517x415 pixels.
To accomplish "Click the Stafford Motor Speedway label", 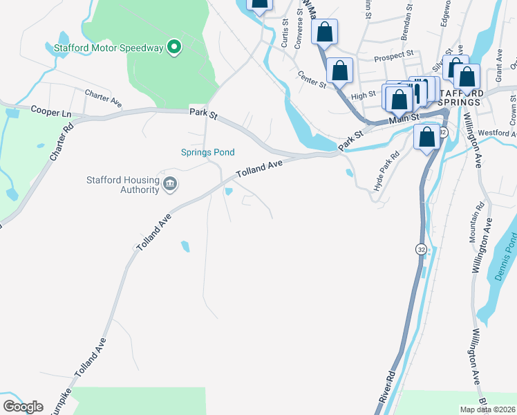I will click(109, 48).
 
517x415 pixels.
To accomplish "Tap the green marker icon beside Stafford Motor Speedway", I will click(174, 48).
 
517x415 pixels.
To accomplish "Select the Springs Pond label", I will click(207, 152).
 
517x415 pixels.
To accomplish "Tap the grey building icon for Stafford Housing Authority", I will click(170, 185).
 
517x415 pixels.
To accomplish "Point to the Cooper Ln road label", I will click(51, 111).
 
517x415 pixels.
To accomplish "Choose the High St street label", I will click(363, 94).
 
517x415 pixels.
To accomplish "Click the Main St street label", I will click(404, 119).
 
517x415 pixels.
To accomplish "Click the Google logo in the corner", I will click(23, 407).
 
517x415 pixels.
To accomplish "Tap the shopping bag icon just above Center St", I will click(339, 70).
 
